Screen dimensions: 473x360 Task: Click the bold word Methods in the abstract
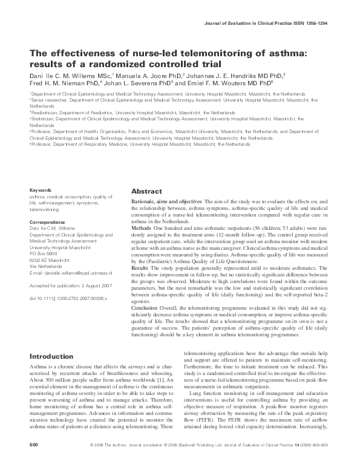click(x=142, y=229)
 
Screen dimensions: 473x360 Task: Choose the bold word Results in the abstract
click(x=140, y=267)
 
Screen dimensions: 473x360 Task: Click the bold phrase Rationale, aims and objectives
click(x=166, y=200)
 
